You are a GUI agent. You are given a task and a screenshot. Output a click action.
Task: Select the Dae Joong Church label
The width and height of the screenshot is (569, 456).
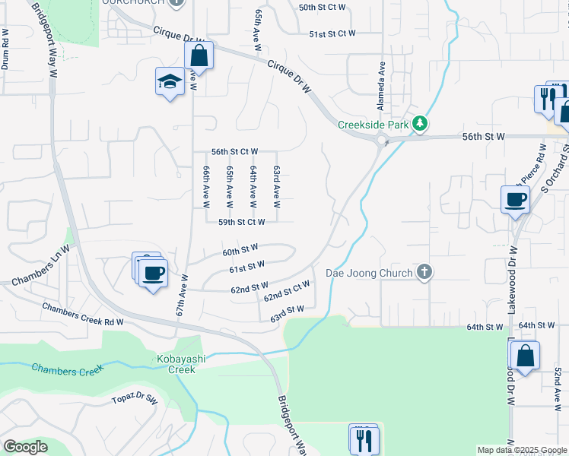tap(369, 272)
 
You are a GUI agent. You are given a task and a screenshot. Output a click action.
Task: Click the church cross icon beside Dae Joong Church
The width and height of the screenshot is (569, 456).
tap(424, 272)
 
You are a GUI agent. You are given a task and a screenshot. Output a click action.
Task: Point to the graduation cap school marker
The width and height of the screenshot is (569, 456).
tap(170, 82)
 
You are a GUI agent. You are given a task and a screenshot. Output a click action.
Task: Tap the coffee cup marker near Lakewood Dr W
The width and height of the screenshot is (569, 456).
tap(515, 199)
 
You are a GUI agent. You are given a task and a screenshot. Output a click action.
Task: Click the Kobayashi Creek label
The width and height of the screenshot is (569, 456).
tap(177, 364)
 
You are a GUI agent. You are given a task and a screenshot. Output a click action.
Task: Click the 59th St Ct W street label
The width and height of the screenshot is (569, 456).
tap(241, 222)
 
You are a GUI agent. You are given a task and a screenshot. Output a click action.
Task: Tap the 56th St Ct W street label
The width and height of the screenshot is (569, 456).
tap(234, 152)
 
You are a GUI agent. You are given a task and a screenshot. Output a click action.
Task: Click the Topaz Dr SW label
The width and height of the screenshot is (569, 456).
tap(135, 399)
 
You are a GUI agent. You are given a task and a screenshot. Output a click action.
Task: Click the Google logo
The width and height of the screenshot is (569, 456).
tap(25, 447)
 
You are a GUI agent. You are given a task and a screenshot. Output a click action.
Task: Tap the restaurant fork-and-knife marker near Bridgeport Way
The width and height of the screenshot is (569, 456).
tap(364, 439)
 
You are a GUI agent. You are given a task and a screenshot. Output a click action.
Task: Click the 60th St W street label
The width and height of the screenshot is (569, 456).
tap(240, 249)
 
